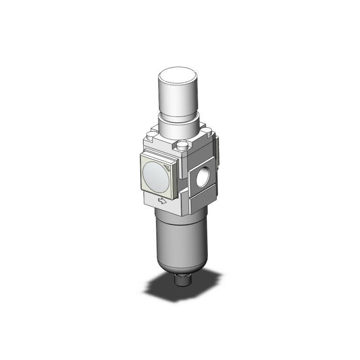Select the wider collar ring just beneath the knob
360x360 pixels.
tap(179, 124)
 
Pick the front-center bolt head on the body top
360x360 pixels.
tap(183, 146)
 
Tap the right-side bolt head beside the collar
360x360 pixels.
tap(205, 127)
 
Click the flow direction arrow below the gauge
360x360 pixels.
tap(162, 201)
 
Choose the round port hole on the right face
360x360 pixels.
tap(202, 177)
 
